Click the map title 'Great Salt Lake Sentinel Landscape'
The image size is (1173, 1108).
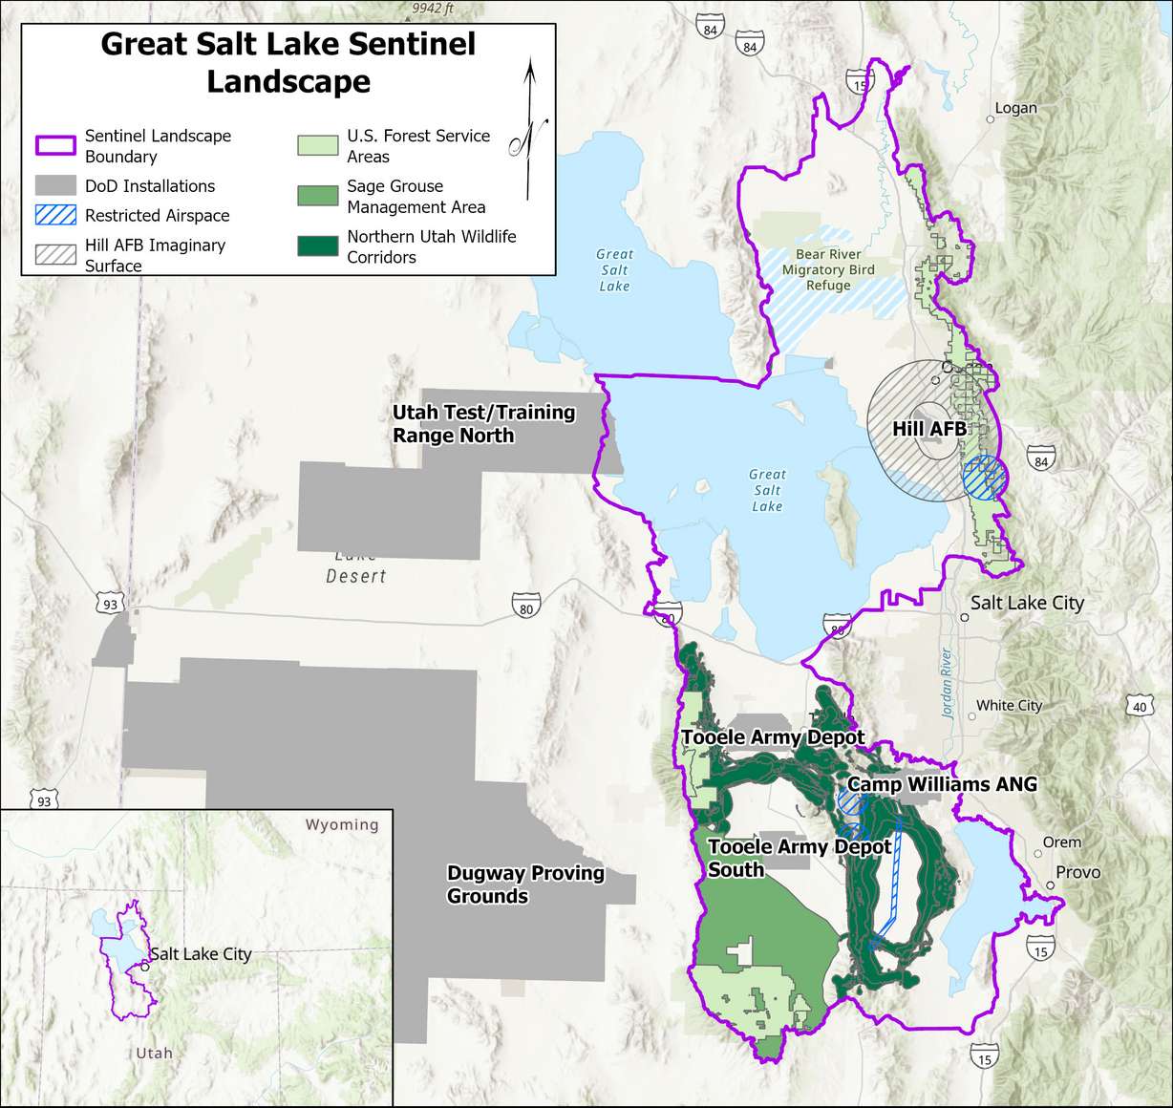(288, 62)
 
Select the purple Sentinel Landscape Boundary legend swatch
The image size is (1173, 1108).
(55, 146)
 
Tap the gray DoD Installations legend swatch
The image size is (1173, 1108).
(55, 185)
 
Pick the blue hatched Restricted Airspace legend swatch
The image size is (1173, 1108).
(55, 215)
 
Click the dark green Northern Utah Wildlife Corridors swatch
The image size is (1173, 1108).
(317, 246)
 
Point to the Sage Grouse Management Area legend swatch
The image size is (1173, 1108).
(317, 196)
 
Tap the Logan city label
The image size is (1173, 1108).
(1015, 108)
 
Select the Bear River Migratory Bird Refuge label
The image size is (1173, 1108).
(828, 269)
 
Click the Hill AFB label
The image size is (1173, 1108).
(929, 429)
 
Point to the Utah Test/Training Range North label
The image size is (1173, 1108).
(483, 424)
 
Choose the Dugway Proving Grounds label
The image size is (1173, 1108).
(525, 884)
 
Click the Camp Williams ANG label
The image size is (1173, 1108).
(942, 784)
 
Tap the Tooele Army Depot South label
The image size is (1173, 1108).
(799, 858)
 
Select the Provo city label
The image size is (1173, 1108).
(1077, 872)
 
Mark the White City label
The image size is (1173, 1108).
(1009, 705)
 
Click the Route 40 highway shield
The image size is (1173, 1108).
(1140, 707)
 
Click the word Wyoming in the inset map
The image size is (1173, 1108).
(341, 824)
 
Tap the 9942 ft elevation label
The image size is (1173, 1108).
(433, 9)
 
